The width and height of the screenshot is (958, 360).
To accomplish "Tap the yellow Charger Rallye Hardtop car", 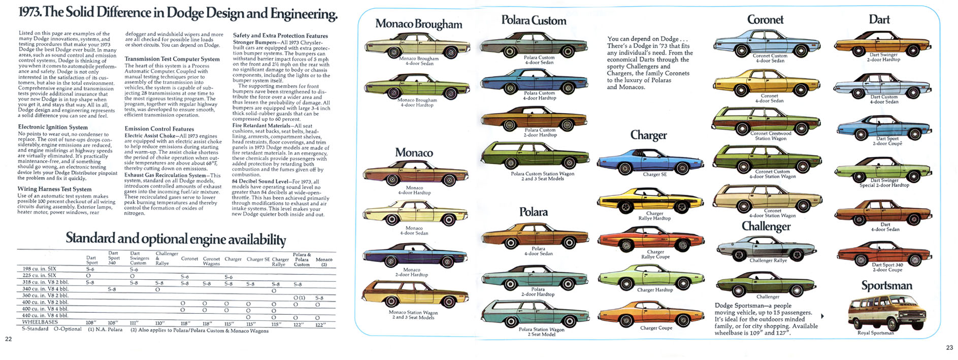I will pos(651,200).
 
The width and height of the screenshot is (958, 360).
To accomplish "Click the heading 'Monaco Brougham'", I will pos(418,24).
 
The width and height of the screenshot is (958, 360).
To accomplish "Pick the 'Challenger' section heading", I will pos(766,226).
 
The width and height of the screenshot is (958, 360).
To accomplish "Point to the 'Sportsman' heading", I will pos(886,285).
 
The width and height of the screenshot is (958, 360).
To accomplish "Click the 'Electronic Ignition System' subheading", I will pos(53,127).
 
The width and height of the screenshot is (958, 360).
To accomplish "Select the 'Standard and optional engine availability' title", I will pos(176,239).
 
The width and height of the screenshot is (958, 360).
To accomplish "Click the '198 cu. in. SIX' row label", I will pos(40,269).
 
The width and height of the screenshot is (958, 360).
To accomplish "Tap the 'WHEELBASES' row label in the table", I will pos(40,322).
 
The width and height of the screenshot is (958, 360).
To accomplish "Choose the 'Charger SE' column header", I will pos(258,259).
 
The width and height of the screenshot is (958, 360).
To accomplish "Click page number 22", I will pos(8,339).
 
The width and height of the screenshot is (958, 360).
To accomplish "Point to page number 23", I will pos(949,348).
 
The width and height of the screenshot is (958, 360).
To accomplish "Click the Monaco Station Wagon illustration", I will pos(409,294).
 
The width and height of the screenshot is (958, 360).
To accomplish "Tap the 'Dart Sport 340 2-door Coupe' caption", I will pos(887,267).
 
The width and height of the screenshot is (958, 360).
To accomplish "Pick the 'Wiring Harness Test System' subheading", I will pos(54,189).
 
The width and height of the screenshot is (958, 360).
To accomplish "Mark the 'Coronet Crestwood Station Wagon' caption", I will pos(770,136).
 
